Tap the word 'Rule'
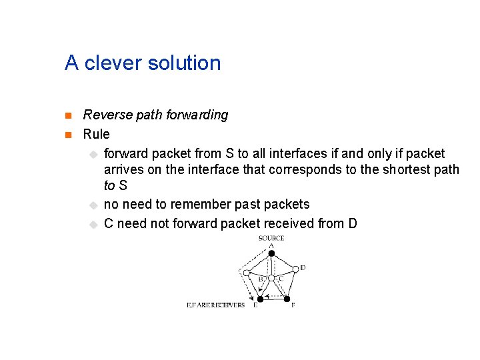pos(96,134)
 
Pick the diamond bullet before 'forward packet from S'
pos(93,154)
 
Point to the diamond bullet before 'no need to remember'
pos(93,205)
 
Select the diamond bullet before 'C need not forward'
pos(93,224)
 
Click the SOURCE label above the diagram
pos(271,238)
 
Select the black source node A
pos(271,253)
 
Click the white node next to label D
pos(295,269)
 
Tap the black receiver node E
pos(260,299)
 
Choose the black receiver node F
pos(287,299)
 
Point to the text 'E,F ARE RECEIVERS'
pos(215,305)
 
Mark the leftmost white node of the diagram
pos(247,273)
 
